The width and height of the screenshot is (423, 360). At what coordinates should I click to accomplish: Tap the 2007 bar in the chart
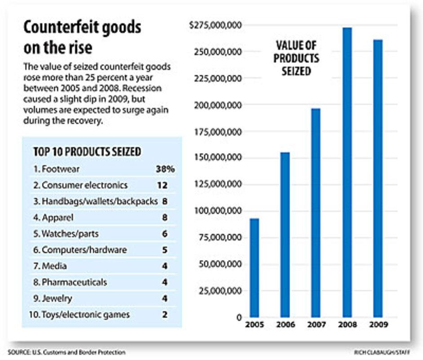click(316, 212)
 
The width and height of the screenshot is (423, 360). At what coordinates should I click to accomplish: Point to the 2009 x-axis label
click(377, 324)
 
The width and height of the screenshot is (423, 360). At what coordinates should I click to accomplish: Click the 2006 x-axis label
click(285, 324)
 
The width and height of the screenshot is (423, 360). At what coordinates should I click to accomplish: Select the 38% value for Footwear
click(165, 169)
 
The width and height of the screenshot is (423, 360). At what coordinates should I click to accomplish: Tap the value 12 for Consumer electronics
click(165, 185)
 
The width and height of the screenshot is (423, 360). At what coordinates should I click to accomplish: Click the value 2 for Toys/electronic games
click(165, 315)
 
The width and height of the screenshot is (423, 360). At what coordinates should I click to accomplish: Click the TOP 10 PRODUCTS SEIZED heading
click(87, 152)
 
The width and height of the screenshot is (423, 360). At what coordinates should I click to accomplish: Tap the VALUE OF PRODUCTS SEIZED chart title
click(296, 58)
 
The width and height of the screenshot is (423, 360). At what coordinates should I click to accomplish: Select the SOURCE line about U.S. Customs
click(67, 352)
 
